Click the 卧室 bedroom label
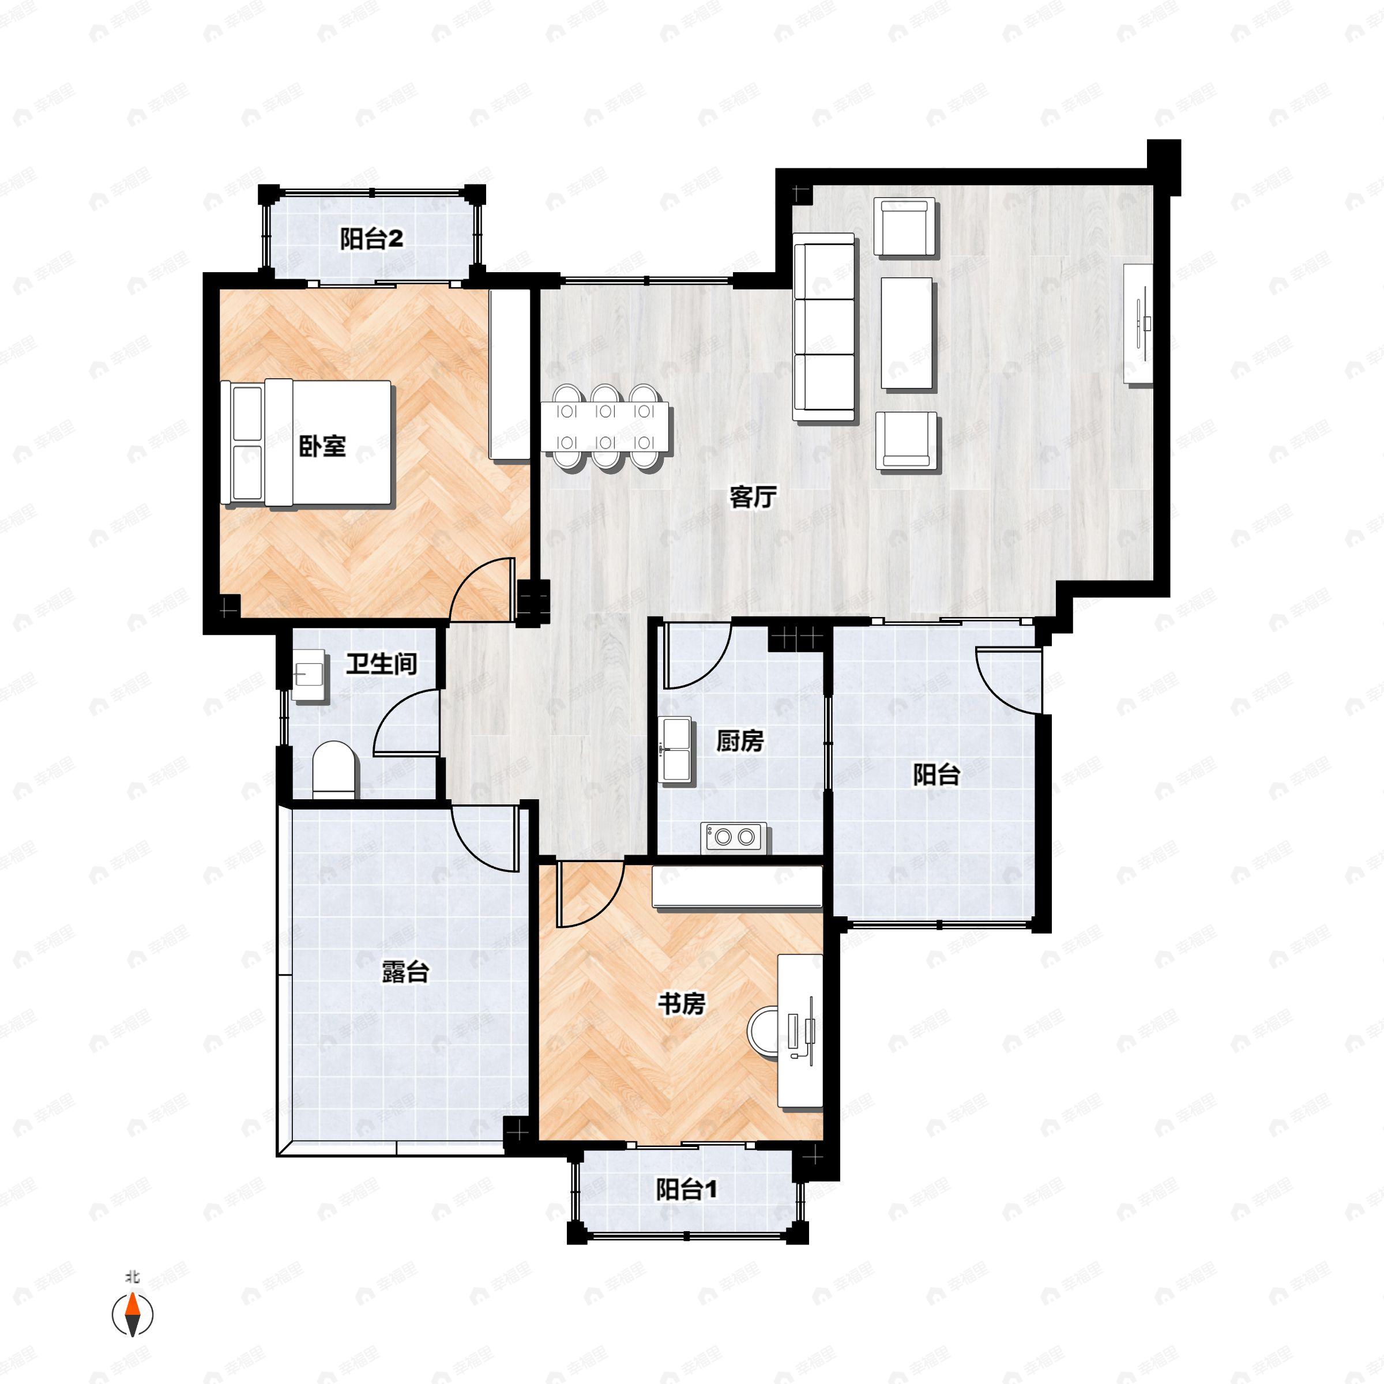click(322, 446)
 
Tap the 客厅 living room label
click(753, 497)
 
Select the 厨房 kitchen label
click(740, 740)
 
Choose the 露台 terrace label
click(405, 972)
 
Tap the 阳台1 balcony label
click(687, 1190)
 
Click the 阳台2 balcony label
click(371, 239)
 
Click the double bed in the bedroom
click(307, 443)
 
